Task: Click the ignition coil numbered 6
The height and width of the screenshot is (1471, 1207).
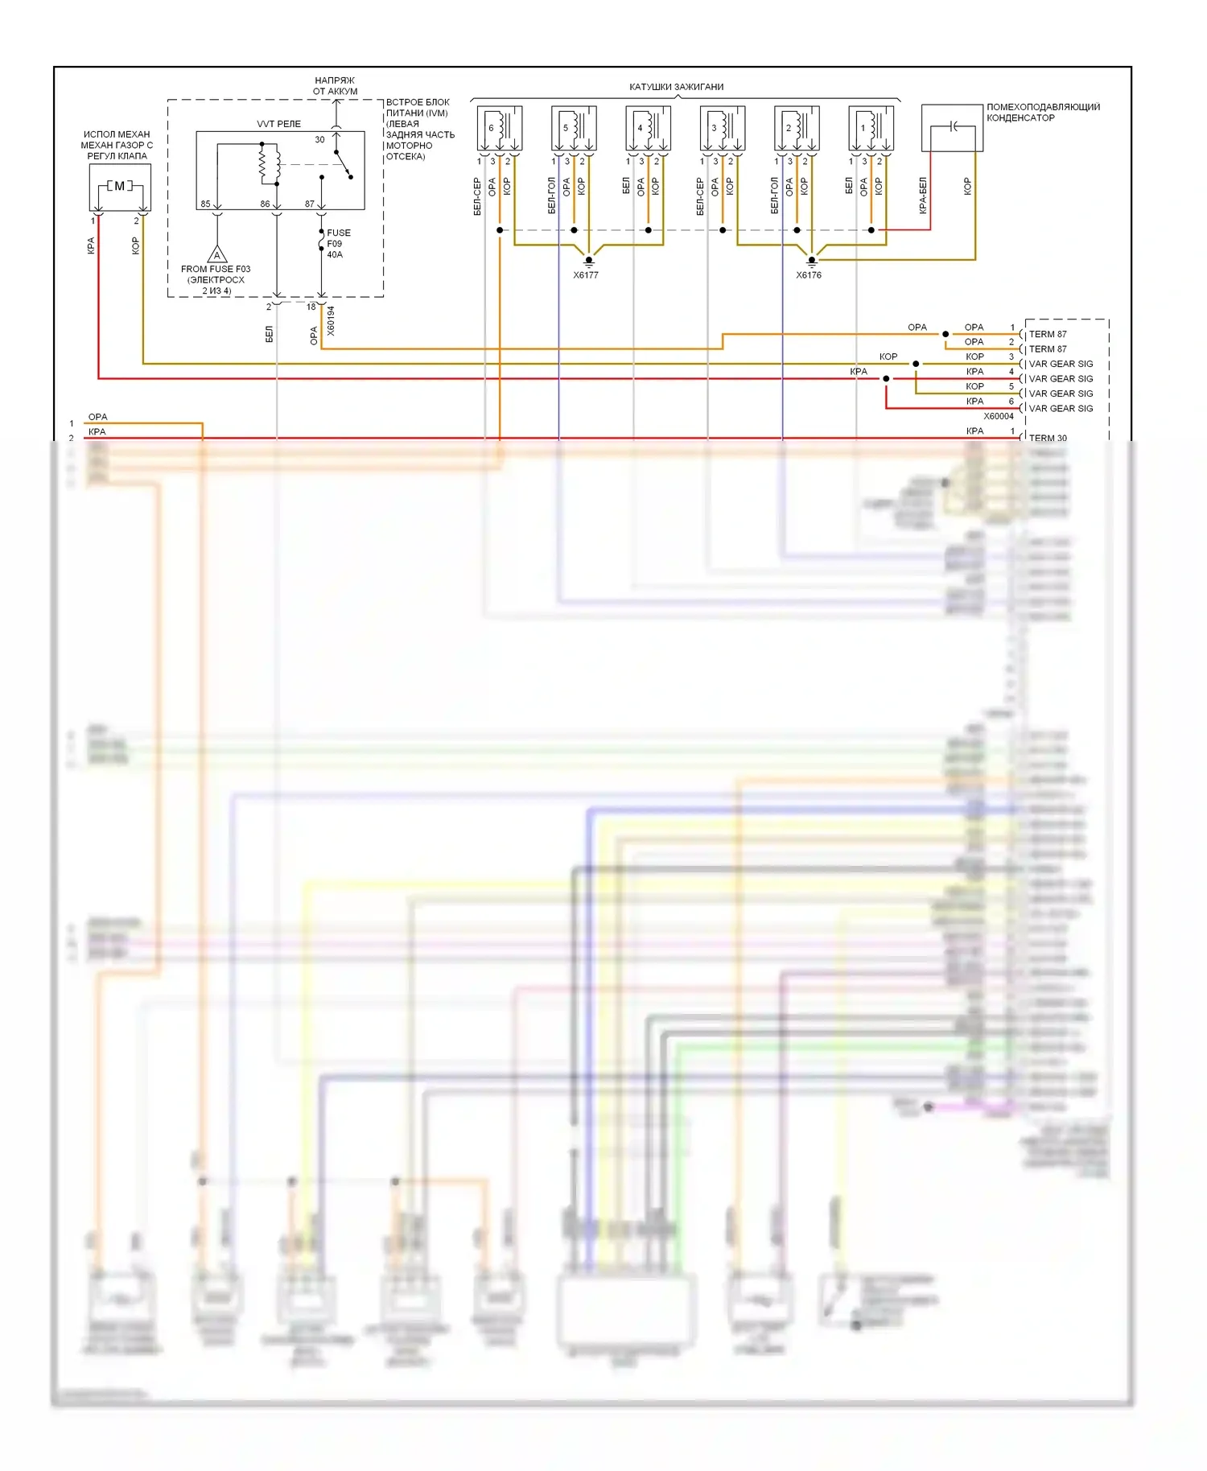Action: (499, 128)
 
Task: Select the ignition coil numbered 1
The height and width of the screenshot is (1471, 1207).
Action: (871, 128)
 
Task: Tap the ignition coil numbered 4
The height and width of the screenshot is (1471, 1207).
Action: (648, 128)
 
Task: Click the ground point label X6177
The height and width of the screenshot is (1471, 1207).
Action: (586, 275)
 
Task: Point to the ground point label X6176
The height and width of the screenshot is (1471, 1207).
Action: (809, 275)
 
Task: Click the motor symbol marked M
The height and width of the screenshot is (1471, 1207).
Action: (120, 187)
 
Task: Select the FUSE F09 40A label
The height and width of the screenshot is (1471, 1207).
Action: (338, 243)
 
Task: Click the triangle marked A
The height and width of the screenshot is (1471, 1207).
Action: (216, 255)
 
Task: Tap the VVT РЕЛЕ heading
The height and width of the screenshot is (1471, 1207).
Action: (278, 124)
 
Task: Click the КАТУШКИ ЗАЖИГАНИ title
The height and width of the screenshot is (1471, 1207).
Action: (676, 87)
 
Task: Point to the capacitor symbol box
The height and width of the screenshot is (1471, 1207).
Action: (952, 127)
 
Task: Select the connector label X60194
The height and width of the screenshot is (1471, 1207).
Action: (332, 320)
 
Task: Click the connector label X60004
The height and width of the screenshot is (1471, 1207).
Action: (999, 416)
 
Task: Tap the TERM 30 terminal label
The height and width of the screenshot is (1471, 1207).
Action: (1048, 438)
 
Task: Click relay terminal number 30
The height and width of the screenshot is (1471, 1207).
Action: (319, 140)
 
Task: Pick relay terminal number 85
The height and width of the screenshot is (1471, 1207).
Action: (205, 204)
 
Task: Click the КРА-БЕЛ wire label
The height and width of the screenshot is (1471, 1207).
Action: (923, 196)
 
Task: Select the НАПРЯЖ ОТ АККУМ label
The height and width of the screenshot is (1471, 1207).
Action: (335, 86)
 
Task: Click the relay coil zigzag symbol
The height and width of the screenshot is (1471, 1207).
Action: (264, 163)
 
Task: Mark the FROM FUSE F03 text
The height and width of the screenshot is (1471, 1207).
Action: (216, 269)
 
